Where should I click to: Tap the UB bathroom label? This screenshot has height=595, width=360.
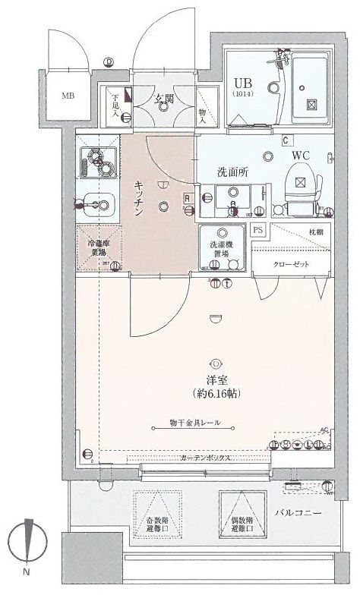[x=244, y=84]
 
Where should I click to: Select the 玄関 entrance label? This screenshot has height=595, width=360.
[x=165, y=98]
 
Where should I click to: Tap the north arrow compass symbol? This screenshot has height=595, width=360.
[x=27, y=540]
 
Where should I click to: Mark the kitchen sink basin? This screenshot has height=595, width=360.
[x=96, y=203]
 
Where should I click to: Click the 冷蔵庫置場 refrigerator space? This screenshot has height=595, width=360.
[x=99, y=249]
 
